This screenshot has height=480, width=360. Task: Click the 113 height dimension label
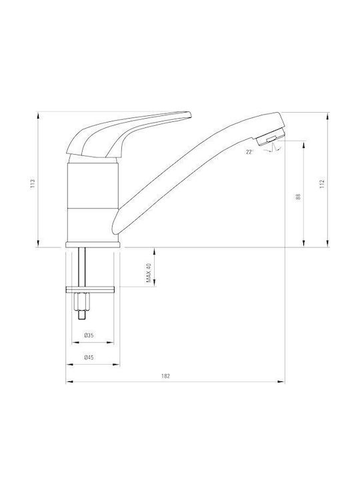pyautogui.click(x=33, y=183)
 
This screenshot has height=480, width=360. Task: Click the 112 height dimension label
pyautogui.click(x=321, y=184)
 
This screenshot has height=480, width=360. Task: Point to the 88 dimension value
pyautogui.click(x=298, y=197)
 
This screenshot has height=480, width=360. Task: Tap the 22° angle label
pyautogui.click(x=249, y=152)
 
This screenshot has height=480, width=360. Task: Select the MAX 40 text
pyautogui.click(x=149, y=273)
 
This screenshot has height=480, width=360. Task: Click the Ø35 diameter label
pyautogui.click(x=89, y=335)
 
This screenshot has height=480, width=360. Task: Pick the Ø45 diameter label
pyautogui.click(x=89, y=357)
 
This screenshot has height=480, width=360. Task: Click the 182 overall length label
pyautogui.click(x=165, y=376)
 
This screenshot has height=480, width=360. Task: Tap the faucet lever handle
pyautogui.click(x=129, y=135)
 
